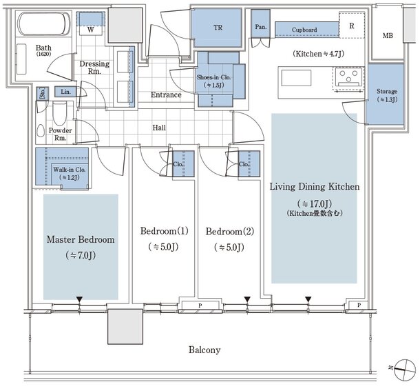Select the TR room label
[x=218, y=29]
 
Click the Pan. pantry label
[x=261, y=27]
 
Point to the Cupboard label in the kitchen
[x=304, y=30]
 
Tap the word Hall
[x=159, y=128]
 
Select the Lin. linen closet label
[x=66, y=92]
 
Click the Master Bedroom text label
[x=80, y=240]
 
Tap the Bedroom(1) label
[x=164, y=230]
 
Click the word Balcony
[x=204, y=350]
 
